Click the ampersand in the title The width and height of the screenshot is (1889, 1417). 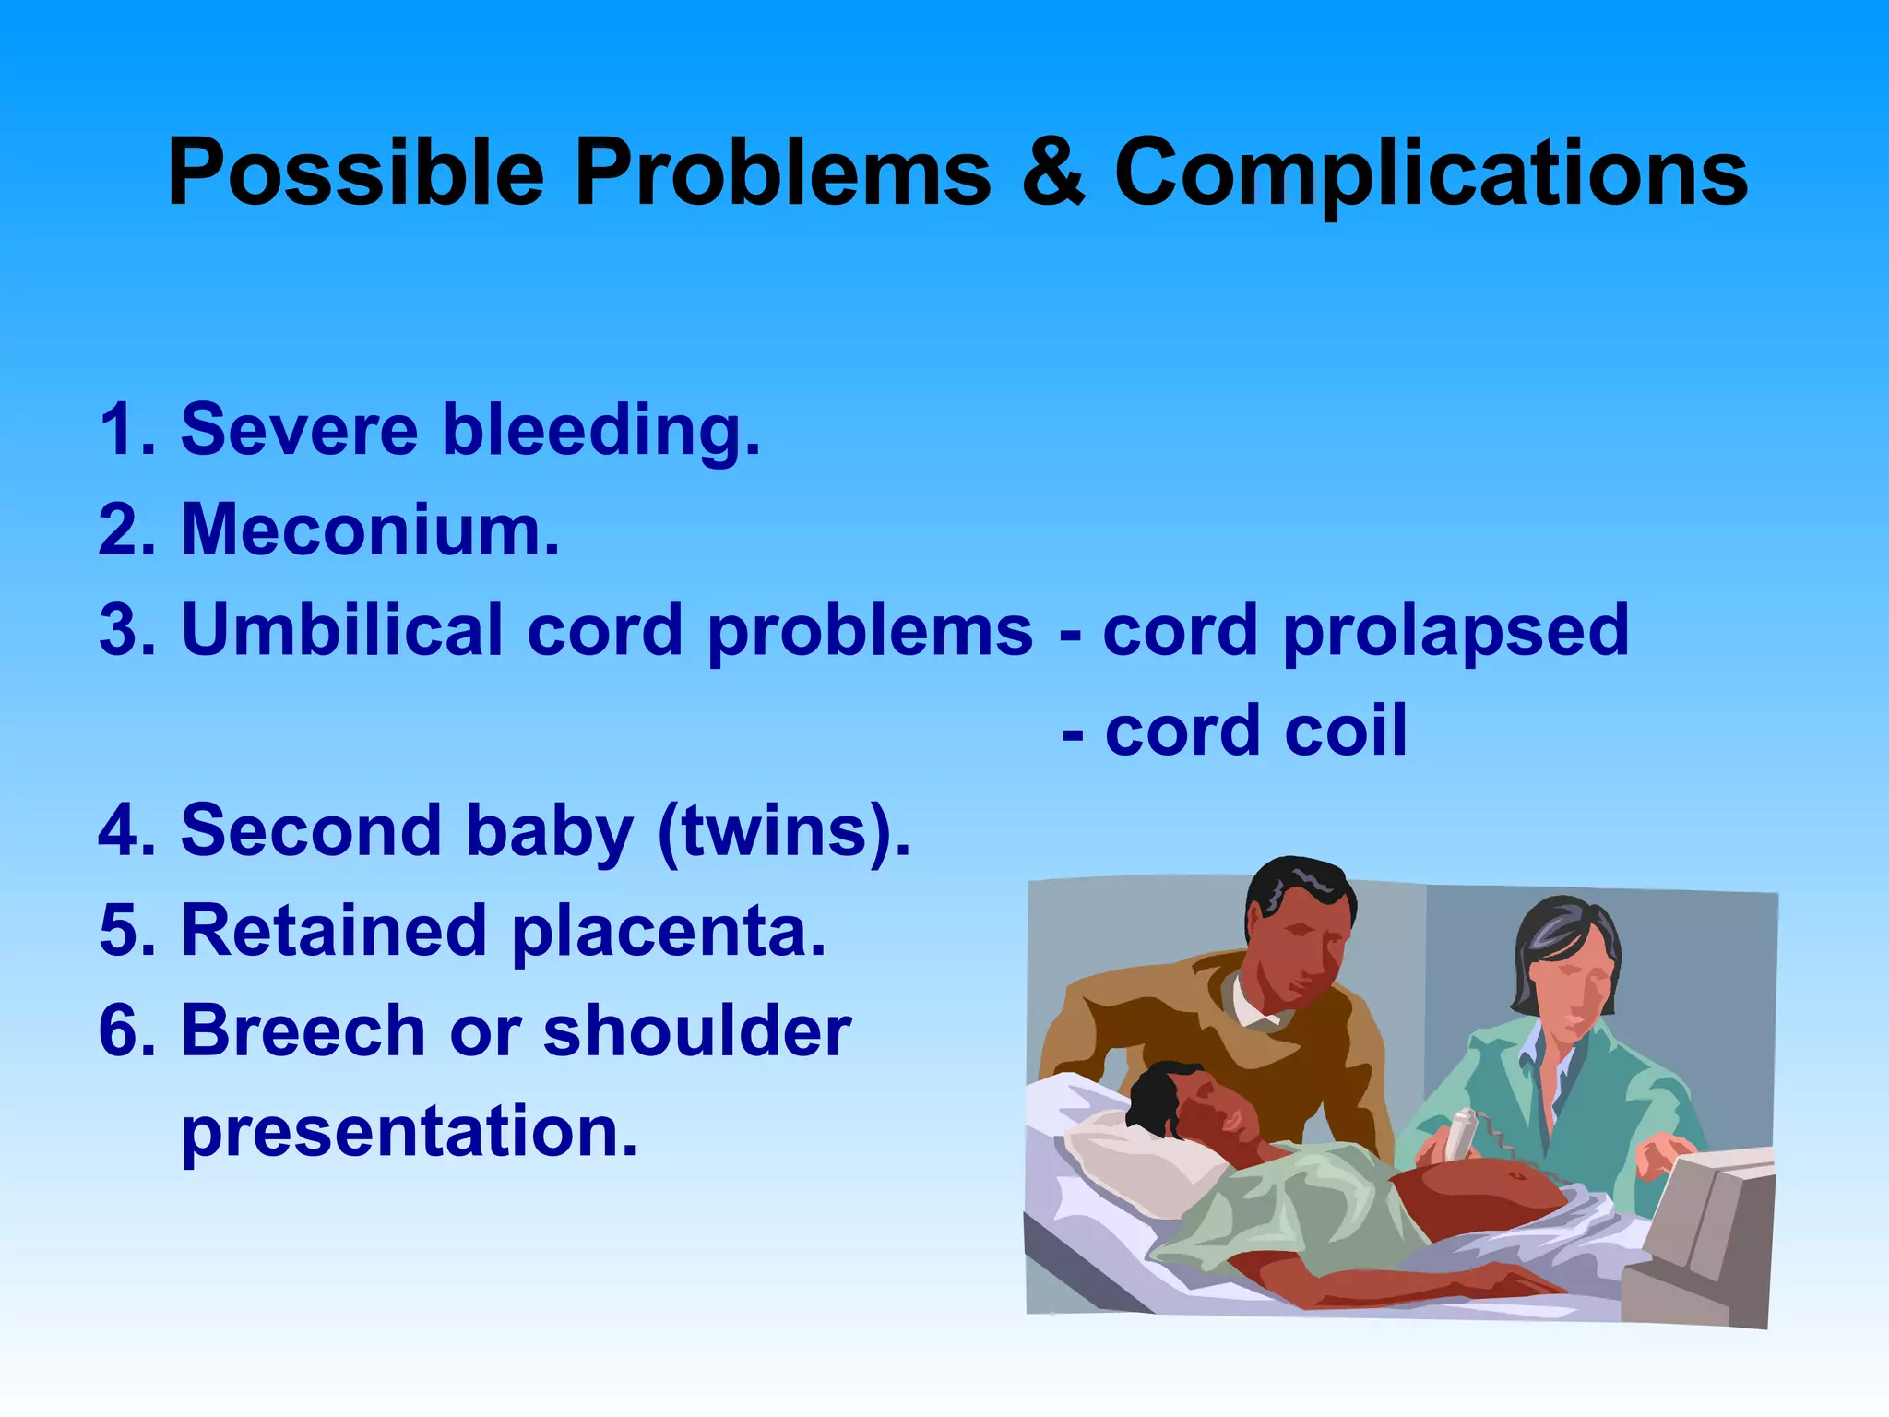[1053, 173]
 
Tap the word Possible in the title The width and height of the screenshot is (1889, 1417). [356, 173]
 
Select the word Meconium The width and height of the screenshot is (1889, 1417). [370, 530]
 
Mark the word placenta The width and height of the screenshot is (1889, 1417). [669, 932]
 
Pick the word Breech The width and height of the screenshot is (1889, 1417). [303, 1030]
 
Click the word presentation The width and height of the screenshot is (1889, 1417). [409, 1133]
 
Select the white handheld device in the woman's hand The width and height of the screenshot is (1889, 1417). [1461, 1135]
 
